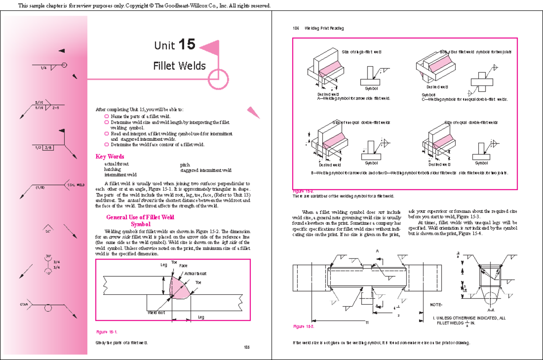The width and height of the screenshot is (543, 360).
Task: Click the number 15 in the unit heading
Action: [187, 44]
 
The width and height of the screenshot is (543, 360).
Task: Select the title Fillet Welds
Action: [179, 66]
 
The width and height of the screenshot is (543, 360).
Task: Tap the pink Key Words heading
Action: [110, 157]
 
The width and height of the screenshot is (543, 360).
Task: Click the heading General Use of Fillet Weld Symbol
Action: [140, 221]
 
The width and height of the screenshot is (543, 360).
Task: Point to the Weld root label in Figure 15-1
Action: [156, 312]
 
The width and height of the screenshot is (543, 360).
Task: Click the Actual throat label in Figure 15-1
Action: [195, 274]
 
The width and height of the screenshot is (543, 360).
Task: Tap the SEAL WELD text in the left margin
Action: [76, 185]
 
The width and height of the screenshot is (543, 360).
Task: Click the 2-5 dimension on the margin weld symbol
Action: [56, 108]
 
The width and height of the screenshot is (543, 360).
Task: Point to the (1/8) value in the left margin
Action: [40, 187]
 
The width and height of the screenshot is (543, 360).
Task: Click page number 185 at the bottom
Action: [247, 347]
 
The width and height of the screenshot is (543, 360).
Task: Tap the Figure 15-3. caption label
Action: [304, 326]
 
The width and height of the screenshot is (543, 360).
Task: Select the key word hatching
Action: [112, 169]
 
